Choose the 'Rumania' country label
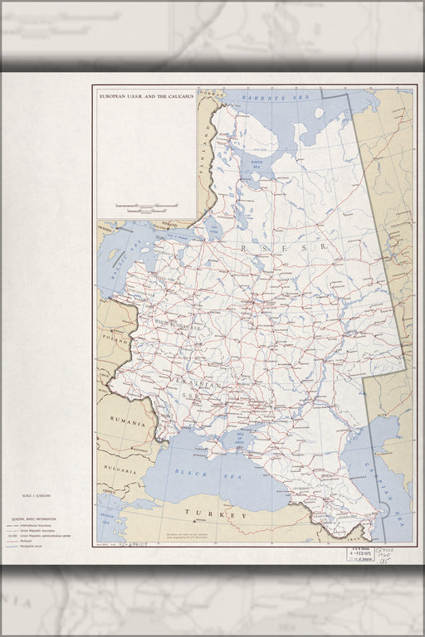click(126, 422)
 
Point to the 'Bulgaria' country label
click(115, 469)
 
